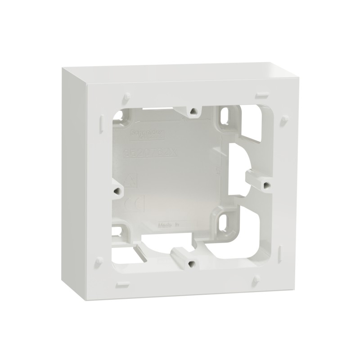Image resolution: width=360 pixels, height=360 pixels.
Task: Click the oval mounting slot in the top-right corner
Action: point(224,117)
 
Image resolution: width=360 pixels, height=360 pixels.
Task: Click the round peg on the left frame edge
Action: point(98,261)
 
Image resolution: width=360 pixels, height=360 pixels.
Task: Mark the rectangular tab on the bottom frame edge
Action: point(122,284)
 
